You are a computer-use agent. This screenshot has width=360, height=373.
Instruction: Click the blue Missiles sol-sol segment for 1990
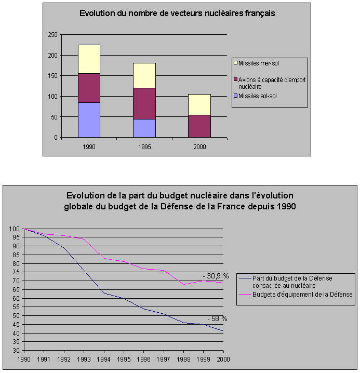[89, 120]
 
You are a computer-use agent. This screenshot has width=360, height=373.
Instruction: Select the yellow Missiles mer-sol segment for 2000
[199, 104]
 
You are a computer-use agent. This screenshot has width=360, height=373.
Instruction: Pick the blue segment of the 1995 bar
[144, 128]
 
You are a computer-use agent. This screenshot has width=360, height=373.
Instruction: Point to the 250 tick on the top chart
[52, 35]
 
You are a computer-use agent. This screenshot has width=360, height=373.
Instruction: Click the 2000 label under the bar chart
[199, 147]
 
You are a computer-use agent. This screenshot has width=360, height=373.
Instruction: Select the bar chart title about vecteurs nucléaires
[177, 14]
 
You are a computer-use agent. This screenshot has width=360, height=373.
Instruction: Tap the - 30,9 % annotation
[216, 276]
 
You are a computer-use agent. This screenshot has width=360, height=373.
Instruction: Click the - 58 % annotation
[217, 318]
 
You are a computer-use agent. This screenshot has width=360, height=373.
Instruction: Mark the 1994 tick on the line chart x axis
[104, 359]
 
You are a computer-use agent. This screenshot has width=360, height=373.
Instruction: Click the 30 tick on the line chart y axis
[18, 351]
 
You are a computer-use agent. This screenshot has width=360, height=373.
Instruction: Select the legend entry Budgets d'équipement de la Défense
[302, 295]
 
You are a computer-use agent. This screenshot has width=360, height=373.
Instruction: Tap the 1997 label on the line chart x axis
[164, 359]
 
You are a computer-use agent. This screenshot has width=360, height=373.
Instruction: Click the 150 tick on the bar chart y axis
[52, 76]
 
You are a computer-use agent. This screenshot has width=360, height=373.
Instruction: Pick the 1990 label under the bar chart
[89, 147]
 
